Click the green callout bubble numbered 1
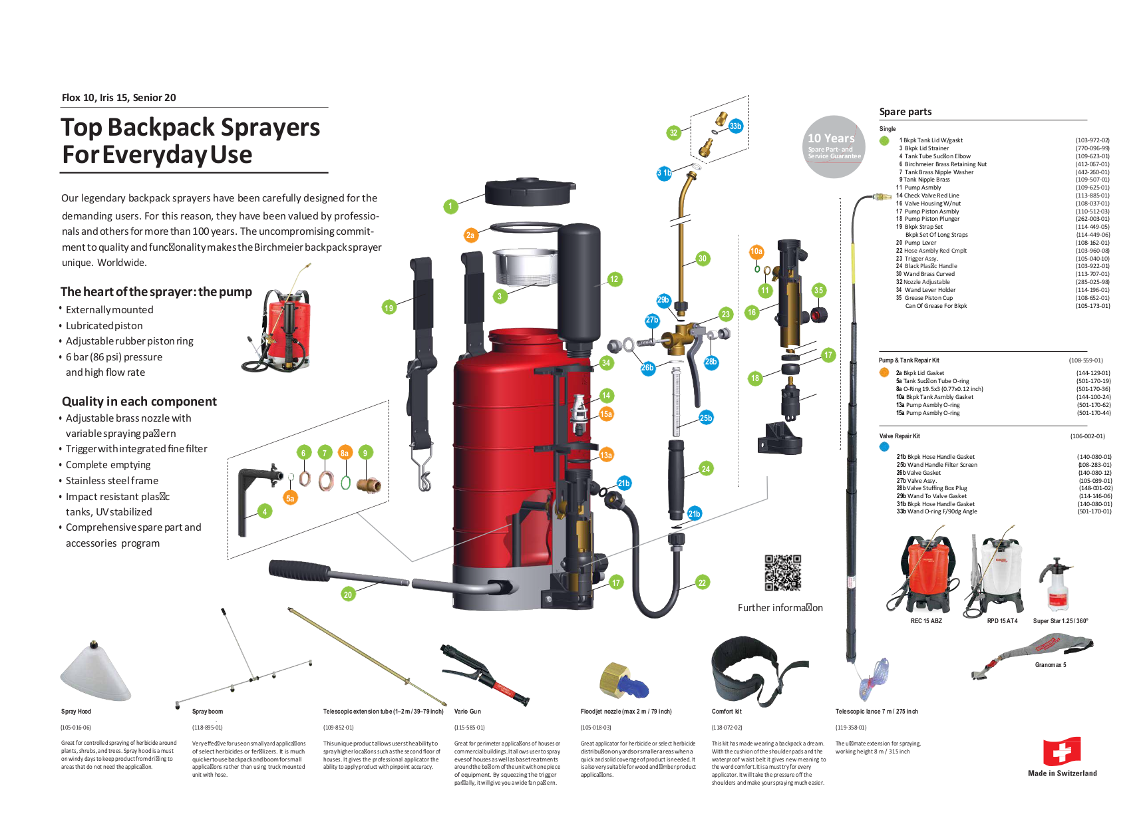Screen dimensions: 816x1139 click(450, 206)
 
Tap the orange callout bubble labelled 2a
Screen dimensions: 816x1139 click(470, 235)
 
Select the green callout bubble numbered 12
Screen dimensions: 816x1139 click(614, 279)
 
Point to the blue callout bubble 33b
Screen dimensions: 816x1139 click(735, 126)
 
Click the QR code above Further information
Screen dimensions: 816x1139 click(782, 573)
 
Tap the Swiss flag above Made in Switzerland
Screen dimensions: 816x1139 click(1062, 751)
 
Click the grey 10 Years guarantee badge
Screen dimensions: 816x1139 click(834, 147)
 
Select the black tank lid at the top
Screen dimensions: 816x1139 click(530, 192)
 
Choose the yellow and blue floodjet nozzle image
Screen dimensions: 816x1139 click(623, 680)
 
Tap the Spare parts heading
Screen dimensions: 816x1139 click(905, 112)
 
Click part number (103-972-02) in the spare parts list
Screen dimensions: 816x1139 click(1092, 140)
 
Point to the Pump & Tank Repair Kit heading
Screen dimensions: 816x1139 click(909, 360)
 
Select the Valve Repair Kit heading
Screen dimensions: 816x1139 click(899, 436)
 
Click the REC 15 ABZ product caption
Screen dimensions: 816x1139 click(926, 621)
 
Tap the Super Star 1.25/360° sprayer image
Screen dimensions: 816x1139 click(1057, 585)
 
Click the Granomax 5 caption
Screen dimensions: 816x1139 click(1051, 665)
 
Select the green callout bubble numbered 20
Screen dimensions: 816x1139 click(348, 595)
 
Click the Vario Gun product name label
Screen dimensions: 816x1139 click(468, 712)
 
